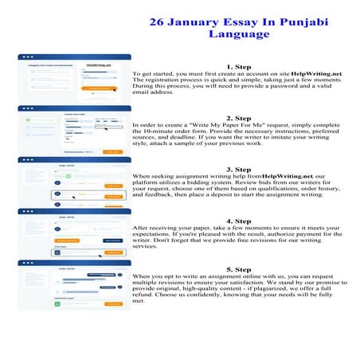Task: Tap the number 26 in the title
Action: coord(159,22)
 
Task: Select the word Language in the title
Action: coord(239,34)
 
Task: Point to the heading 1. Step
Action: coord(239,66)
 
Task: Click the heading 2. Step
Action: coord(239,118)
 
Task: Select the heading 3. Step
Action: coord(239,169)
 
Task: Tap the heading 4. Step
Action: coord(239,221)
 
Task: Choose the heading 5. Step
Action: coord(239,269)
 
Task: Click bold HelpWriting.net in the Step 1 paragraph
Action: coord(317,73)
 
